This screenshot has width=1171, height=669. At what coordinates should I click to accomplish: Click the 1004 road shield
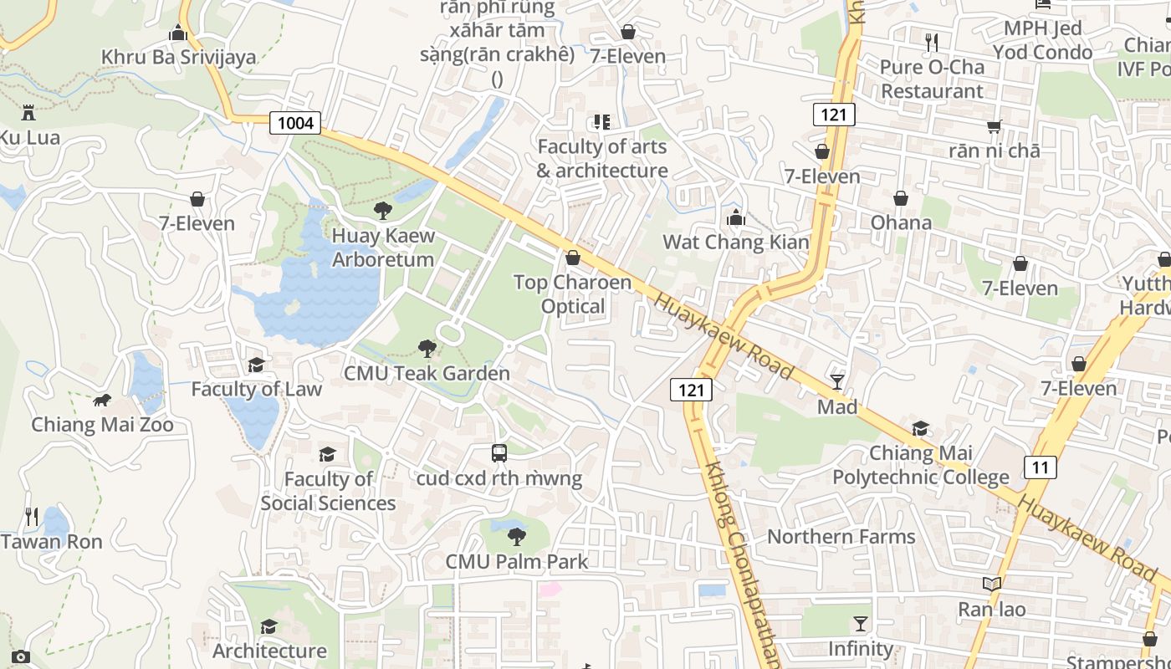click(x=295, y=124)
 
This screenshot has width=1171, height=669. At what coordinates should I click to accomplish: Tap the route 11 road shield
click(x=1039, y=467)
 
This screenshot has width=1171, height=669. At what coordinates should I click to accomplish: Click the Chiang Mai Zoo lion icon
click(x=102, y=401)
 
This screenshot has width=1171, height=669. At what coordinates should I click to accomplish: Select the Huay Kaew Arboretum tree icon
click(x=383, y=211)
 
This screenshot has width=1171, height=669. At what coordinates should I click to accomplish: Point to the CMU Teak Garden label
click(x=427, y=374)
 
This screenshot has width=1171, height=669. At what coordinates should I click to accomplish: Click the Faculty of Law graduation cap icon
click(x=256, y=365)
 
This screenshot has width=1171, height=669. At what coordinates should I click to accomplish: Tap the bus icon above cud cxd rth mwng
click(x=499, y=453)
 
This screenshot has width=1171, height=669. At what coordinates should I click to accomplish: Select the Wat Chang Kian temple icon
click(x=736, y=218)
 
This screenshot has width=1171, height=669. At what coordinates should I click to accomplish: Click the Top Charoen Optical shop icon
click(x=573, y=258)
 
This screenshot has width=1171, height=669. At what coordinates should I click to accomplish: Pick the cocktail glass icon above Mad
click(x=837, y=382)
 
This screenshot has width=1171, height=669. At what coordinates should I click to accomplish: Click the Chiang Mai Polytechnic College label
click(x=920, y=466)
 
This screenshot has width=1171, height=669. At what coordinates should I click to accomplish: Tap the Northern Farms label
click(x=841, y=537)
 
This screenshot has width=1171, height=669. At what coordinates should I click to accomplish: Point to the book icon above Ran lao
click(x=992, y=585)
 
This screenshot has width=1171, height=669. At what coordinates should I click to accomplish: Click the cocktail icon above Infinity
click(x=860, y=624)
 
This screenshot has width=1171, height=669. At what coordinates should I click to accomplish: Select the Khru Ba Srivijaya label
click(x=178, y=58)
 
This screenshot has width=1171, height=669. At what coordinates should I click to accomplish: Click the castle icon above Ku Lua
click(x=29, y=113)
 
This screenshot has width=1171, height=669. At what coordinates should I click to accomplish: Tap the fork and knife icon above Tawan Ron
click(x=32, y=517)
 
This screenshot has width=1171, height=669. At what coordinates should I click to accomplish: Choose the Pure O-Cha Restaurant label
click(x=932, y=79)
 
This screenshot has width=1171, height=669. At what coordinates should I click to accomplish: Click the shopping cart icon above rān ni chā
click(x=994, y=126)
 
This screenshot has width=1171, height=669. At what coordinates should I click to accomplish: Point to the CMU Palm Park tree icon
click(x=517, y=537)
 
